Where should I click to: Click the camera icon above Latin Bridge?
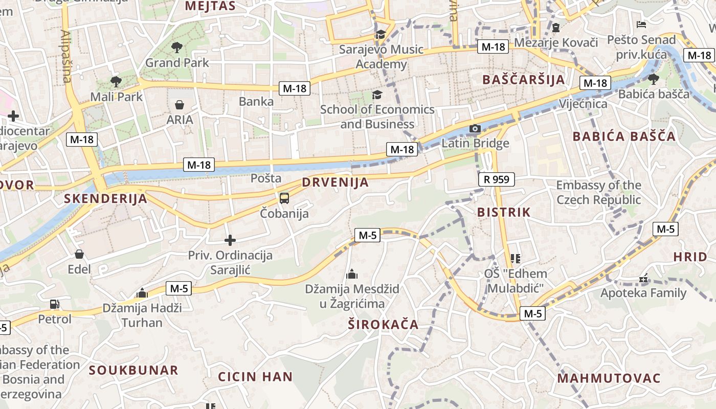(475, 128)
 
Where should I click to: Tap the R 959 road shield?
(497, 179)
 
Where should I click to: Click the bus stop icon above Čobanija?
(284, 198)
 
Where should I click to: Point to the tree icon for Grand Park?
(177, 48)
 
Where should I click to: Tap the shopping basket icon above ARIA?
(180, 105)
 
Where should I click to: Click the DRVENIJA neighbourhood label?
(335, 183)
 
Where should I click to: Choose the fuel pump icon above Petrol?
(54, 304)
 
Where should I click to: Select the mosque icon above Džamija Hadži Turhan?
(142, 293)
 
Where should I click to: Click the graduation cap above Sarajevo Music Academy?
(381, 34)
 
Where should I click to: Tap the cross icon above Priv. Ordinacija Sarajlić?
(230, 240)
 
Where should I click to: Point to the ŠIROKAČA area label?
(383, 324)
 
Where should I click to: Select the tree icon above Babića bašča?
(653, 79)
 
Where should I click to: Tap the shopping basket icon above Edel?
(79, 254)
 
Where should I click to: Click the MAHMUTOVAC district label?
(609, 378)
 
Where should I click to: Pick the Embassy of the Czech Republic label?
(598, 192)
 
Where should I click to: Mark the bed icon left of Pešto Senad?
(641, 24)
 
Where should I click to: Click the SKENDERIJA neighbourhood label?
(105, 199)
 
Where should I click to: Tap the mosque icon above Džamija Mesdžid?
(352, 275)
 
